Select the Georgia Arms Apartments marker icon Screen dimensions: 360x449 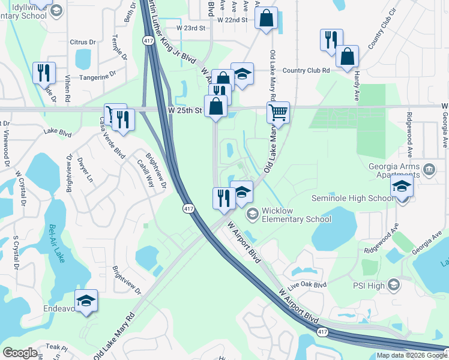point(429,169)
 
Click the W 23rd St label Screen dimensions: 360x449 point(191,28)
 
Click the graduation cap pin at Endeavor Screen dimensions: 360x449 point(86,300)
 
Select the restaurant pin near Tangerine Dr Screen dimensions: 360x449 point(44,73)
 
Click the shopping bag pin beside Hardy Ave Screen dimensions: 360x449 point(347,57)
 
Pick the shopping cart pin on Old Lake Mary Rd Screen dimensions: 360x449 point(278,112)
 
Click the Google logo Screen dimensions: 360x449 point(20,352)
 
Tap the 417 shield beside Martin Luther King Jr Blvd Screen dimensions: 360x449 point(147,40)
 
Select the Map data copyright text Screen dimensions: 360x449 point(411,355)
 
